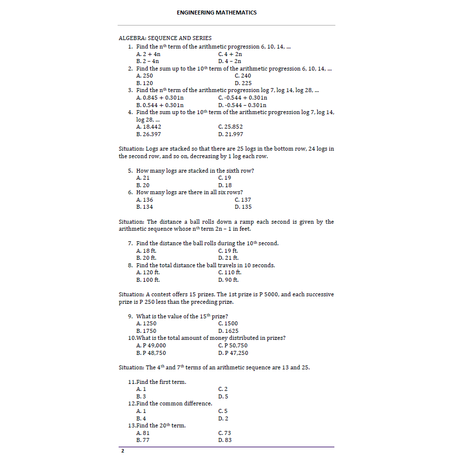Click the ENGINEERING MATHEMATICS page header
point(216,13)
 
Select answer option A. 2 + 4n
point(148,54)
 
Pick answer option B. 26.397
point(149,134)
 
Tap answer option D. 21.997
point(231,134)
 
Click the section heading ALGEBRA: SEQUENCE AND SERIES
point(165,38)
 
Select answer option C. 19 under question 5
point(225,178)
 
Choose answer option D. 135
point(243,207)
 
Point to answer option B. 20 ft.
point(146,258)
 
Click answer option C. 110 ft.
point(230,272)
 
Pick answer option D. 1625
point(228,331)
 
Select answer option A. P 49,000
point(151,345)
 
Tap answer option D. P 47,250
point(233,353)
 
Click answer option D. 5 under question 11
point(223,396)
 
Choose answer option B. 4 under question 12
point(141,418)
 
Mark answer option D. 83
point(225,440)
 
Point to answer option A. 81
point(143,433)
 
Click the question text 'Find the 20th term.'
point(157,425)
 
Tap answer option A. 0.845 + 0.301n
point(160,98)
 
